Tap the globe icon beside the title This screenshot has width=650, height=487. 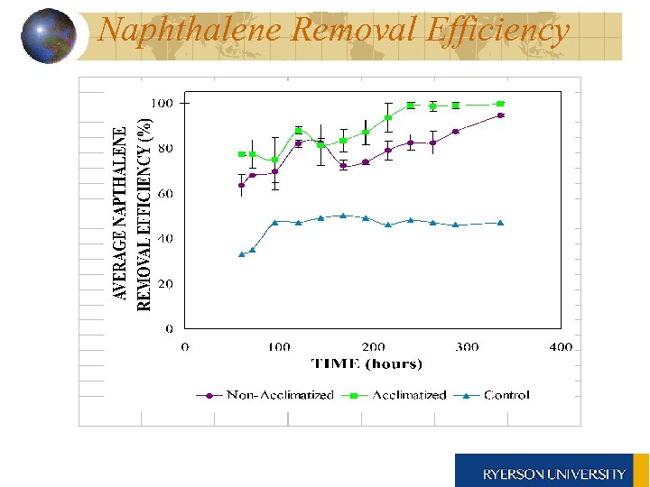click(x=47, y=35)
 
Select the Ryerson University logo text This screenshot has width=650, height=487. click(x=553, y=473)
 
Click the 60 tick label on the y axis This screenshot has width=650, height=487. click(x=165, y=194)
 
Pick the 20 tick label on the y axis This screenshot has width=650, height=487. click(x=165, y=284)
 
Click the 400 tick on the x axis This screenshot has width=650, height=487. click(x=560, y=346)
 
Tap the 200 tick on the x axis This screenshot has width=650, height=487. click(x=373, y=346)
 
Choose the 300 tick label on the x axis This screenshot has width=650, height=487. click(x=467, y=346)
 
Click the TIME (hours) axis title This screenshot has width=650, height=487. click(x=366, y=364)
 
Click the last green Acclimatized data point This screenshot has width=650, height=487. click(x=500, y=104)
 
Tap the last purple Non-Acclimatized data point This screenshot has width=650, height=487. click(x=500, y=115)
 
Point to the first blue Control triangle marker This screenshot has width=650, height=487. click(x=241, y=254)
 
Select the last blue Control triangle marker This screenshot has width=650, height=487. click(x=500, y=223)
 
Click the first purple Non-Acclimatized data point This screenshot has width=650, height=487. click(x=241, y=186)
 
